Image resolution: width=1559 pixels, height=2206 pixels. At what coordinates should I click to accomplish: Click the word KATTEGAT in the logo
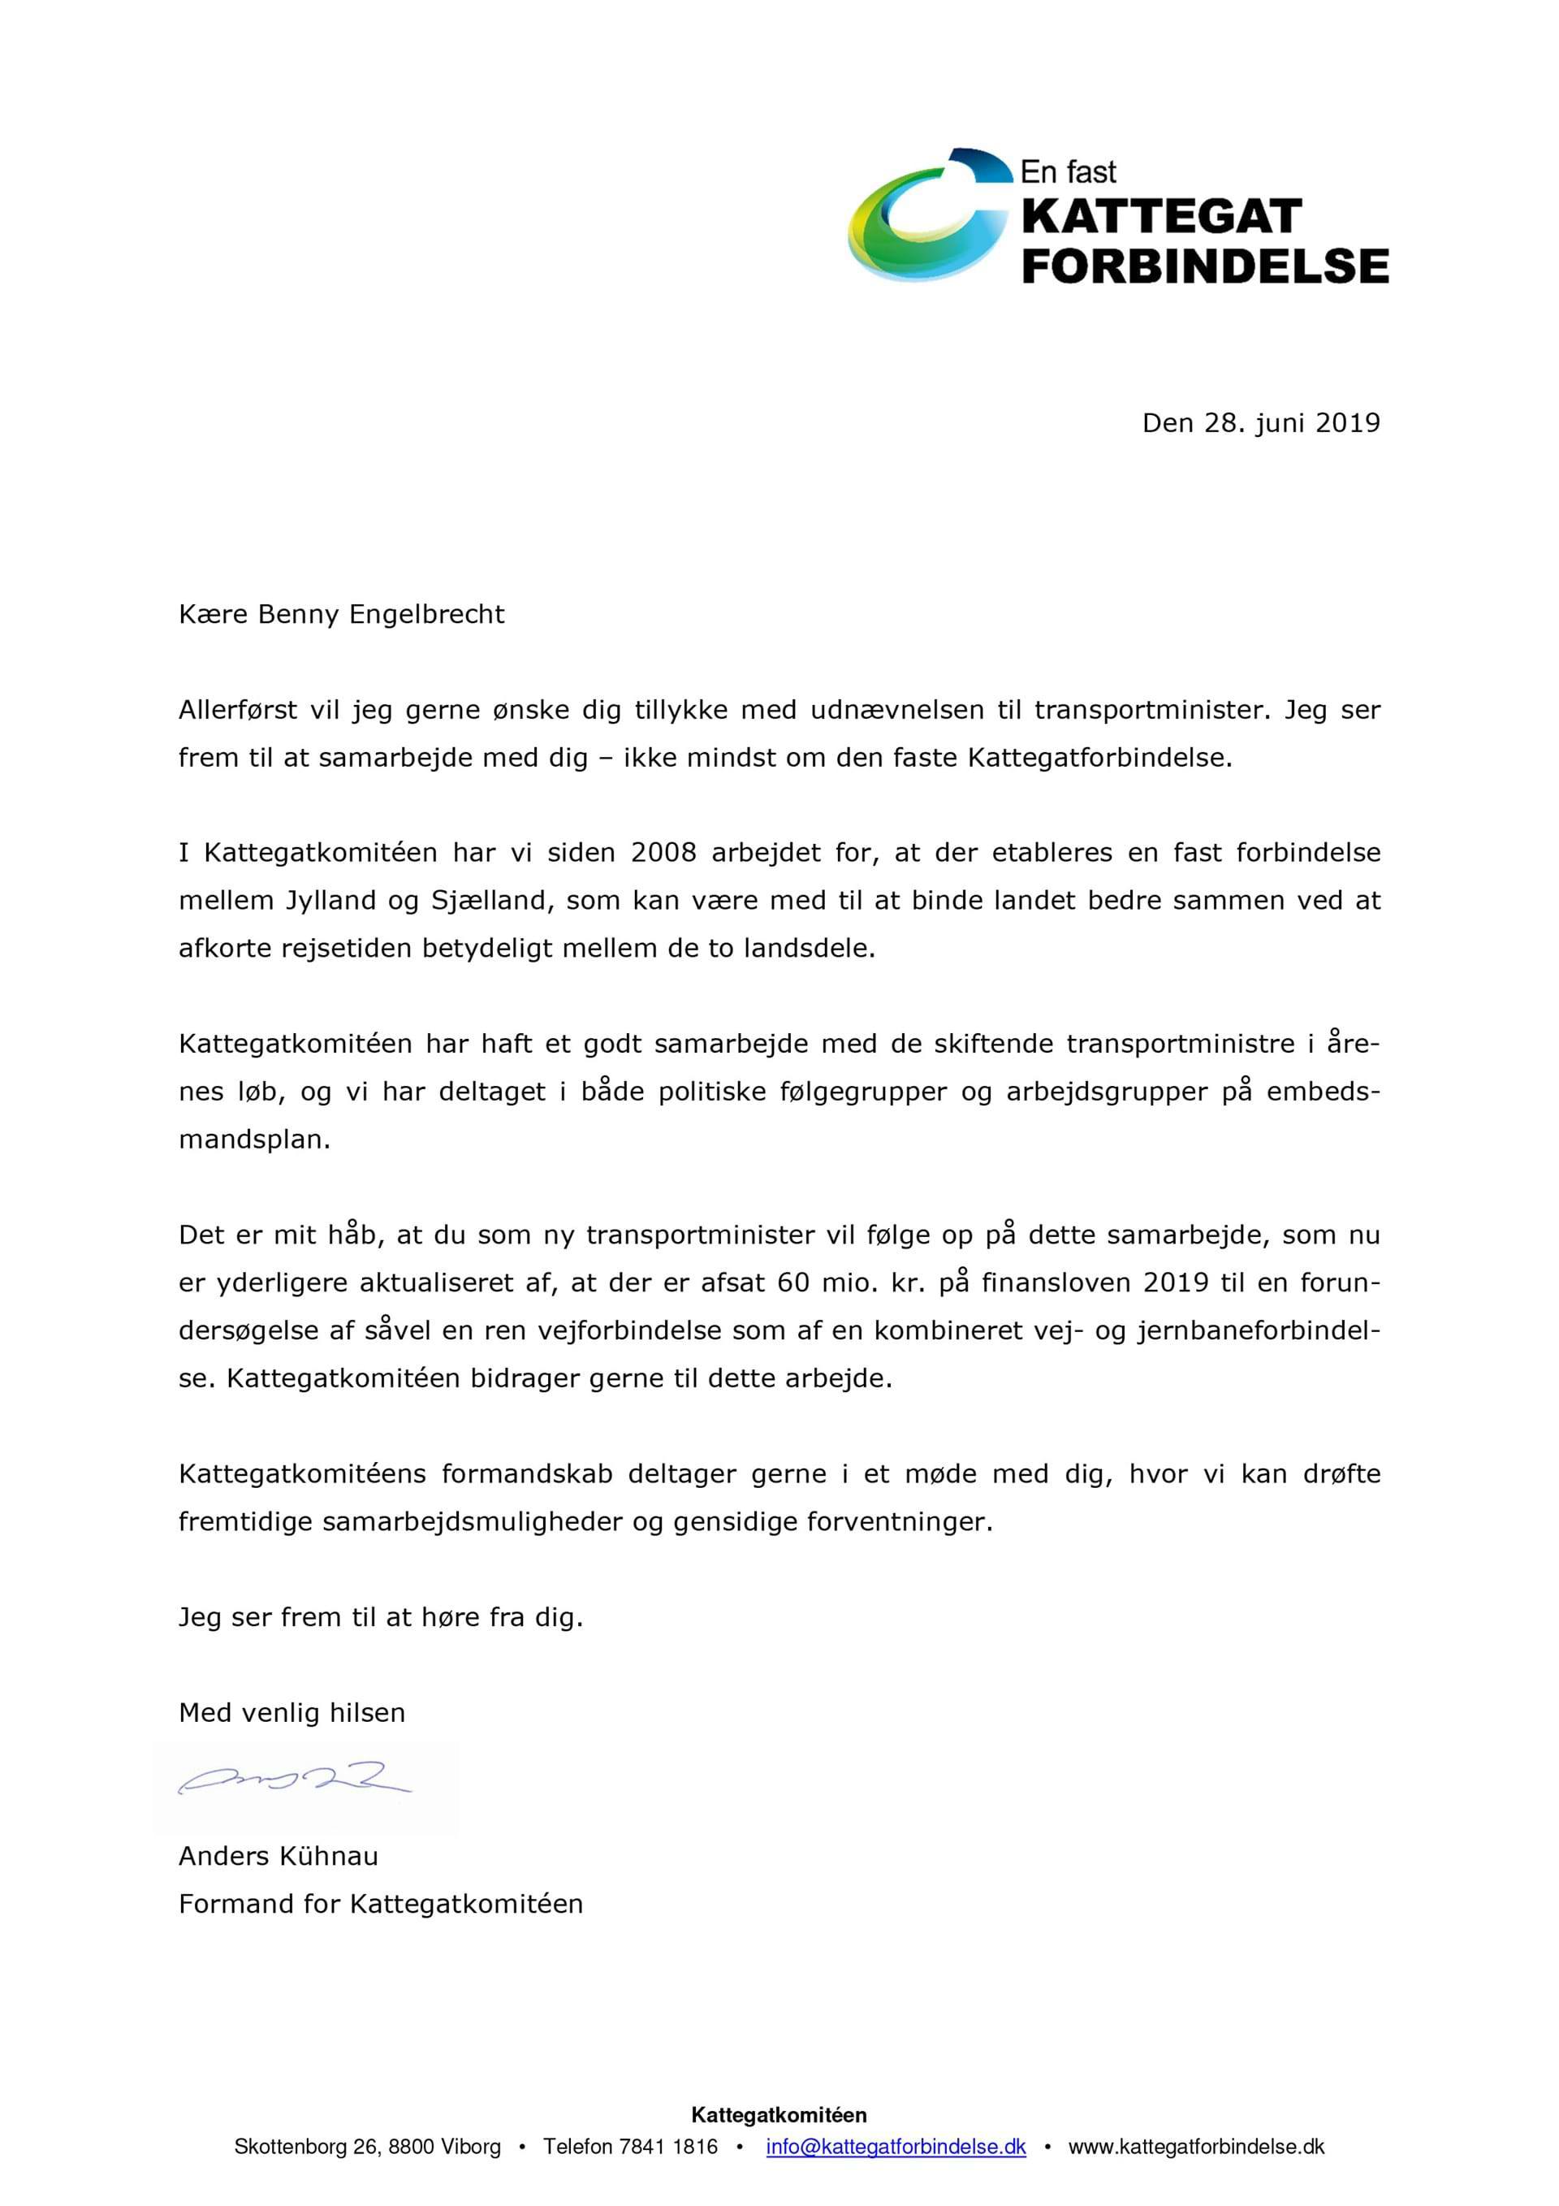[x=1160, y=217]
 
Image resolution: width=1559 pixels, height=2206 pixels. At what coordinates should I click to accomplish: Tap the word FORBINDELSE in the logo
[x=1204, y=265]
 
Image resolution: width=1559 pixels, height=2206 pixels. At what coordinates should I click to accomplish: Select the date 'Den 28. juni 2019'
[x=1260, y=424]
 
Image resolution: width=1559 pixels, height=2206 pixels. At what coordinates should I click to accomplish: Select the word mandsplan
[x=253, y=1140]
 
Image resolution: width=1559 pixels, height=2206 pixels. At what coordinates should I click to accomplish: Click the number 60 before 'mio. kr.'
[x=792, y=1283]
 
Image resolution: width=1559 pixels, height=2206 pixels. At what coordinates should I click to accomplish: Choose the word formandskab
[x=526, y=1474]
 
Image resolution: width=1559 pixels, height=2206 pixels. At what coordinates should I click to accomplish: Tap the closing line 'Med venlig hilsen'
[x=292, y=1712]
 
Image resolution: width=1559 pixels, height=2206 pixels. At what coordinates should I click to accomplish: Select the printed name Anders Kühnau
[x=279, y=1856]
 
